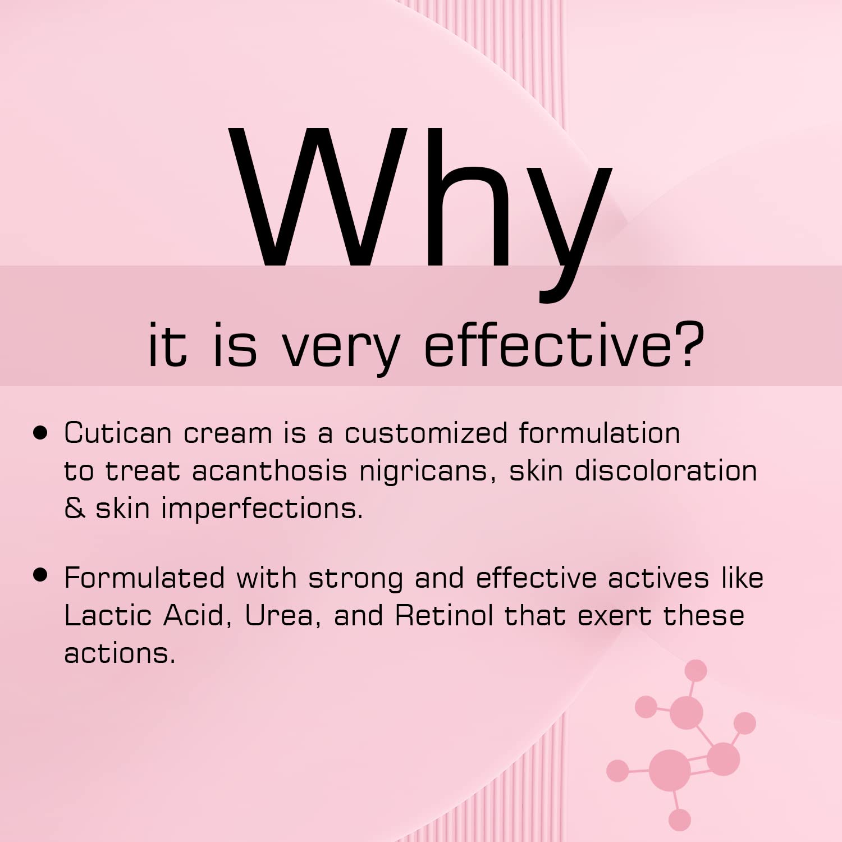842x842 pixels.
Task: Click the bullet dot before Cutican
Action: click(x=40, y=433)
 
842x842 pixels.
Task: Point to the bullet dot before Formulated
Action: click(x=40, y=575)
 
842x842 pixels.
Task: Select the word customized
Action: click(x=426, y=433)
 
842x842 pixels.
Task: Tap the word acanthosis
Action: click(x=269, y=470)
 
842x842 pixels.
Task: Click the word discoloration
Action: click(x=666, y=470)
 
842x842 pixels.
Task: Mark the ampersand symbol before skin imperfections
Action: click(x=75, y=508)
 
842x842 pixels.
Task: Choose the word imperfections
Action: click(x=262, y=509)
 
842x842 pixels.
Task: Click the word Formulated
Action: click(x=144, y=578)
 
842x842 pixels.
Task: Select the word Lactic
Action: click(x=107, y=616)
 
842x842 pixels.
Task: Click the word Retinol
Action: click(x=444, y=616)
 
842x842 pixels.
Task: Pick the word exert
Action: click(x=615, y=616)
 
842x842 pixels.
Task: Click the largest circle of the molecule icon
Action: click(x=670, y=770)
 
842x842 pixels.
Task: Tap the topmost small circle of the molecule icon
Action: click(x=695, y=670)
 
